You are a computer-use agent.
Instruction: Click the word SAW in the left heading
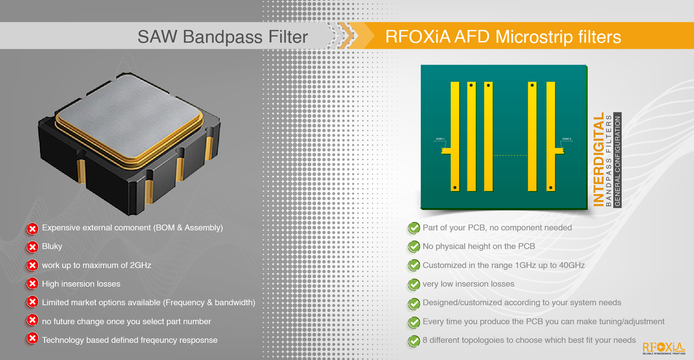click(x=157, y=37)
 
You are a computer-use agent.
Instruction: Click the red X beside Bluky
click(x=32, y=247)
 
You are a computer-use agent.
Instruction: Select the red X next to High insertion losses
click(x=32, y=284)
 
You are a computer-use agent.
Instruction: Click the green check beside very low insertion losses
click(x=414, y=284)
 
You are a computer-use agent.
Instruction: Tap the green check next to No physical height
click(x=414, y=246)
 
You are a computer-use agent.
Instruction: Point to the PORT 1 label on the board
click(x=440, y=139)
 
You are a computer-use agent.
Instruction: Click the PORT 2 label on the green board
click(x=567, y=139)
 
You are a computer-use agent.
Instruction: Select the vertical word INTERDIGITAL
click(x=598, y=160)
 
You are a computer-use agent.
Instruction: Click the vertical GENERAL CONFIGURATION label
click(x=617, y=161)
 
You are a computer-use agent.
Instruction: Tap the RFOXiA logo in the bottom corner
click(x=664, y=348)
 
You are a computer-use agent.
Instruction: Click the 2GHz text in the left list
click(x=141, y=265)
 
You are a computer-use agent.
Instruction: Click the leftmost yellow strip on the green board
click(x=455, y=136)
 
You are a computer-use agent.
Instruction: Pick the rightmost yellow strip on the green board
click(x=551, y=136)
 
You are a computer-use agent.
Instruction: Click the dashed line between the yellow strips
click(x=510, y=156)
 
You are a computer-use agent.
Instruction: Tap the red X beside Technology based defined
click(x=32, y=338)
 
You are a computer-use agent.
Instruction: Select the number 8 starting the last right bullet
click(x=425, y=340)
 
